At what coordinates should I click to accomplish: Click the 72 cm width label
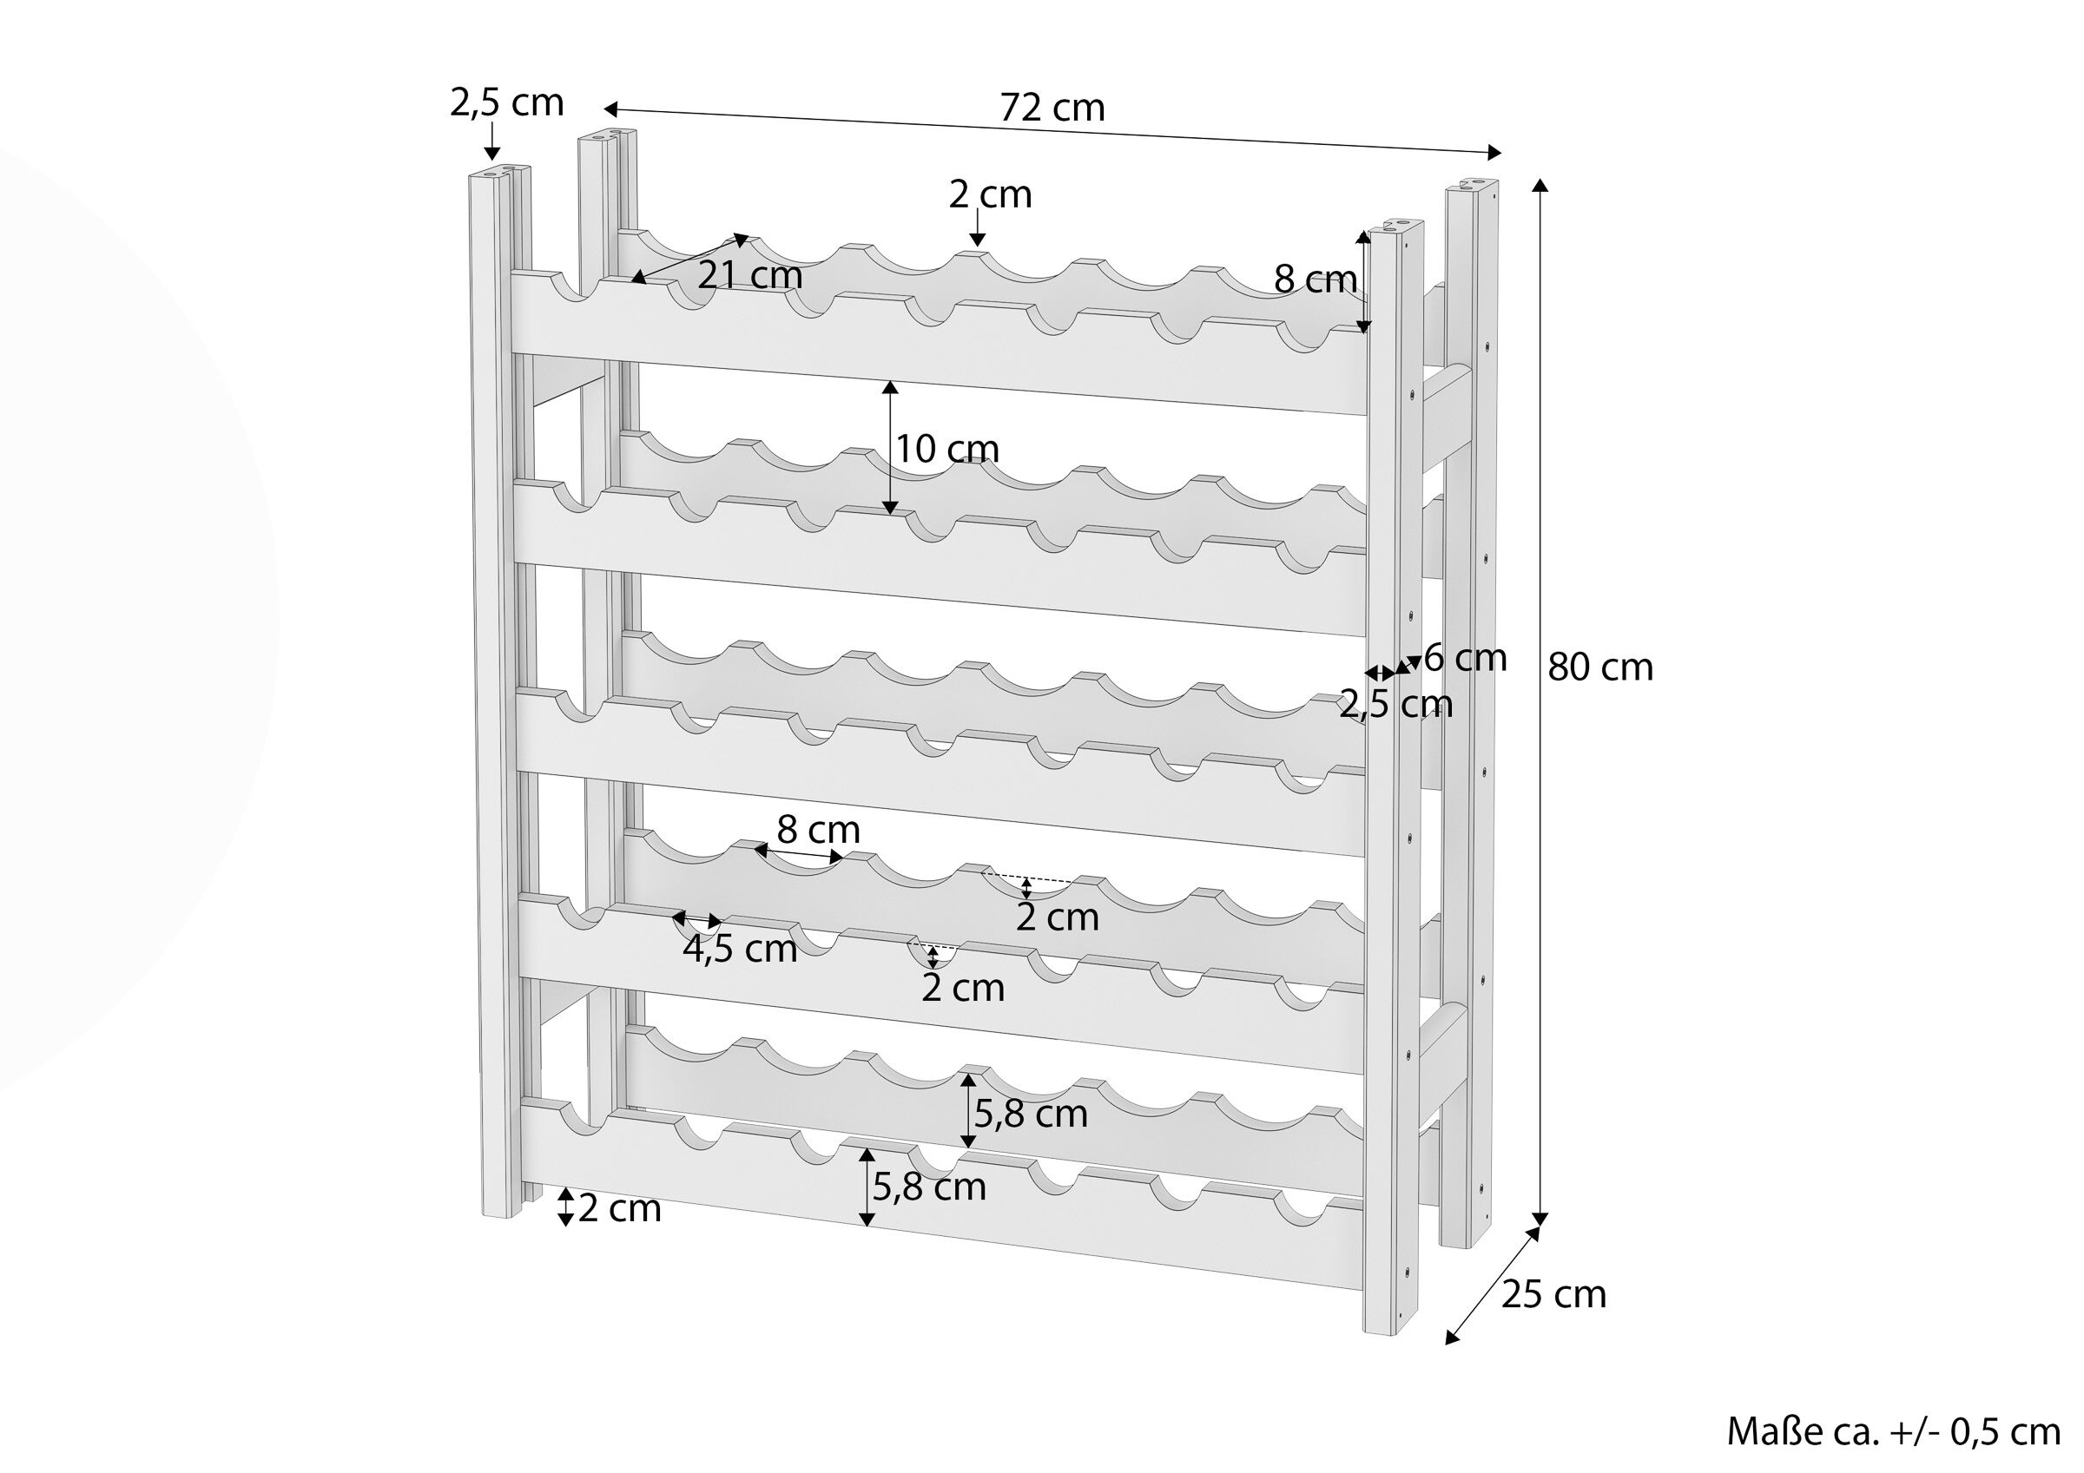coord(1053,109)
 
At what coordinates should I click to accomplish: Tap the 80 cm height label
coord(1600,668)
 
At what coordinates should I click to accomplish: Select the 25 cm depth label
coord(1554,1294)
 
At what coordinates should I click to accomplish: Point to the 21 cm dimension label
coord(750,275)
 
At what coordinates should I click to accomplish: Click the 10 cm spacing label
coord(947,450)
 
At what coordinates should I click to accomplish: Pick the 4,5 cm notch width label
coord(740,950)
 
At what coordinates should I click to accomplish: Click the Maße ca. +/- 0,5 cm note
coord(1893,1432)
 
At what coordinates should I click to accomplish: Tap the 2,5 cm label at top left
coord(506,102)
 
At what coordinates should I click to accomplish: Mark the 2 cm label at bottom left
coord(620,1209)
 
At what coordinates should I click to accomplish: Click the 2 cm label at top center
coord(990,195)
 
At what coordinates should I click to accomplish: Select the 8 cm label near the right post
coord(1316,279)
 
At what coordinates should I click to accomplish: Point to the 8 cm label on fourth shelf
coord(819,830)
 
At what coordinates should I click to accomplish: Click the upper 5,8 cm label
coord(1031,1115)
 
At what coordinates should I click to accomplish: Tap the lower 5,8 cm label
coord(929,1187)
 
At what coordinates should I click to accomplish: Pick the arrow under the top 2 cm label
coord(978,227)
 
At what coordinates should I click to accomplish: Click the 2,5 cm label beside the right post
coord(1396,704)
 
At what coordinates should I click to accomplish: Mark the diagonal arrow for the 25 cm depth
coord(1494,1285)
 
